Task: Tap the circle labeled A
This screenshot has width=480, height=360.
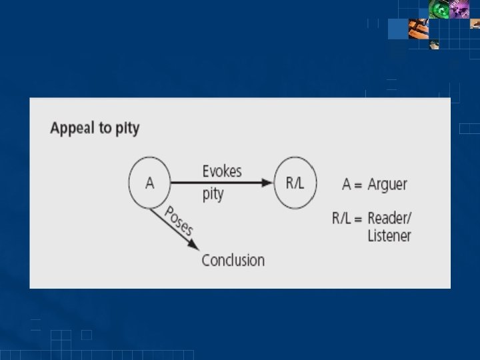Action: click(x=149, y=183)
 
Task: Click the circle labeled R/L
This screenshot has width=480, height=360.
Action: click(x=295, y=183)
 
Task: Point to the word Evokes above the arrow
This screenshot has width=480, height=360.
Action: click(x=222, y=171)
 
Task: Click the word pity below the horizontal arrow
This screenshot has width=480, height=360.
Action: click(x=213, y=195)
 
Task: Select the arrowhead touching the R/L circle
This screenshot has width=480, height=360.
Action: click(x=268, y=183)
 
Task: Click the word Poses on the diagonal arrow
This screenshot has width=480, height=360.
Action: click(x=178, y=221)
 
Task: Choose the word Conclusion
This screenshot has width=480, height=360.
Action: click(x=233, y=260)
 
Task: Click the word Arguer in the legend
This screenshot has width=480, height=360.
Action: click(x=387, y=184)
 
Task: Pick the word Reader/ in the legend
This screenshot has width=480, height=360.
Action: click(x=390, y=218)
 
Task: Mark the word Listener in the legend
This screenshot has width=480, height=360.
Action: click(x=389, y=235)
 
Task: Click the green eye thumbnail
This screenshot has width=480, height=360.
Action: click(x=441, y=9)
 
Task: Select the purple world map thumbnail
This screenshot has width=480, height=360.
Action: click(x=461, y=9)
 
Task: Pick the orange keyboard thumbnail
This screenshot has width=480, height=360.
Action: click(x=419, y=29)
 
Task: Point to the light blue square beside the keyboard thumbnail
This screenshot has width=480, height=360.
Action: click(x=397, y=29)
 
